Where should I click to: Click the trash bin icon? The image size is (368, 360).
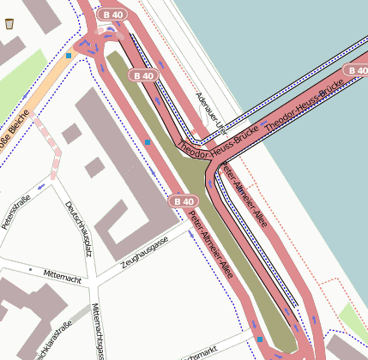pos(9,23)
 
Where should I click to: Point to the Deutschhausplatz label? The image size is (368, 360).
pos(78,227)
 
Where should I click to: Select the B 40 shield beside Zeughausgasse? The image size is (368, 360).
pos(184,201)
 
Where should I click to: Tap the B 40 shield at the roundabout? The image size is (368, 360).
pos(112,15)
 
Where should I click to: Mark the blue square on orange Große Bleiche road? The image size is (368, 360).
pos(69,56)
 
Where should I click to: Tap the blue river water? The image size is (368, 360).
pos(283,43)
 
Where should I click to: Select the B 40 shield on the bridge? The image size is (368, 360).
pos(356,69)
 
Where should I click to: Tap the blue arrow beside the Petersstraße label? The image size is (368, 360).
pos(41,187)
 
